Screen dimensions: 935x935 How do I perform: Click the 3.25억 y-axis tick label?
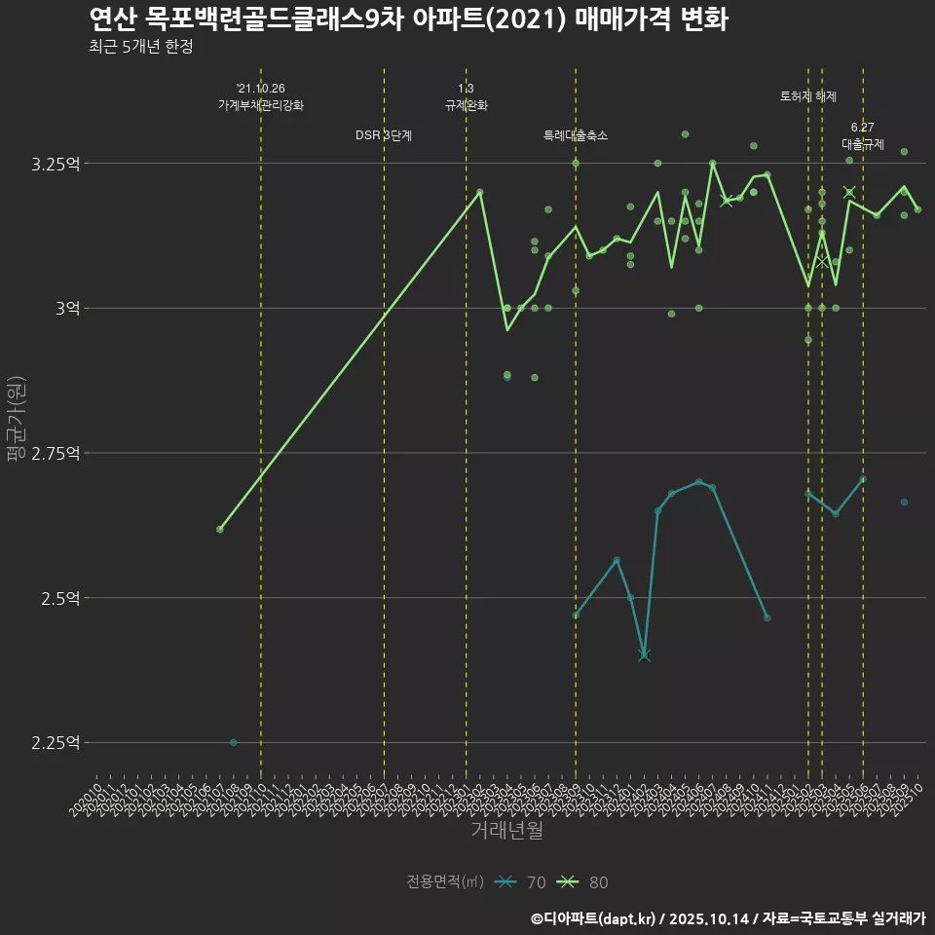tap(56, 164)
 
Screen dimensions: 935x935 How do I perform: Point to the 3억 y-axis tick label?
tap(67, 308)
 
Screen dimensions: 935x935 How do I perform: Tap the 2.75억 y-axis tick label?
tap(56, 453)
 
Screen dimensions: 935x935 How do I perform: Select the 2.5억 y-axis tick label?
tap(60, 598)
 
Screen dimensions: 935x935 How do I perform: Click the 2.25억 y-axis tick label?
tap(56, 743)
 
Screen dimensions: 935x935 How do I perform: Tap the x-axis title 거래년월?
tap(506, 830)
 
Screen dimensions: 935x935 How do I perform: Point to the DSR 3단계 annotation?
tap(384, 135)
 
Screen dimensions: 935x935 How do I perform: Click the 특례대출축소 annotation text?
tap(576, 135)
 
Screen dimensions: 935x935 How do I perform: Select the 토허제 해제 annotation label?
tap(808, 96)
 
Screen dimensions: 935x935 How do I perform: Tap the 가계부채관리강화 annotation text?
tap(261, 105)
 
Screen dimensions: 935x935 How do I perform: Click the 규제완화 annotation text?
tap(466, 105)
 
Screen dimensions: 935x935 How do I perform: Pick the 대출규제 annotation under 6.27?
tap(863, 144)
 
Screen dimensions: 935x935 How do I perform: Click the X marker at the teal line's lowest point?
tap(644, 655)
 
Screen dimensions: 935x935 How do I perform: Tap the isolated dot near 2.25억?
tap(234, 742)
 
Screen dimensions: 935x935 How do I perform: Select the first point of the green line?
tap(220, 529)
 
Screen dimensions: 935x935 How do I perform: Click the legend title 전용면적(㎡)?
tap(445, 882)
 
